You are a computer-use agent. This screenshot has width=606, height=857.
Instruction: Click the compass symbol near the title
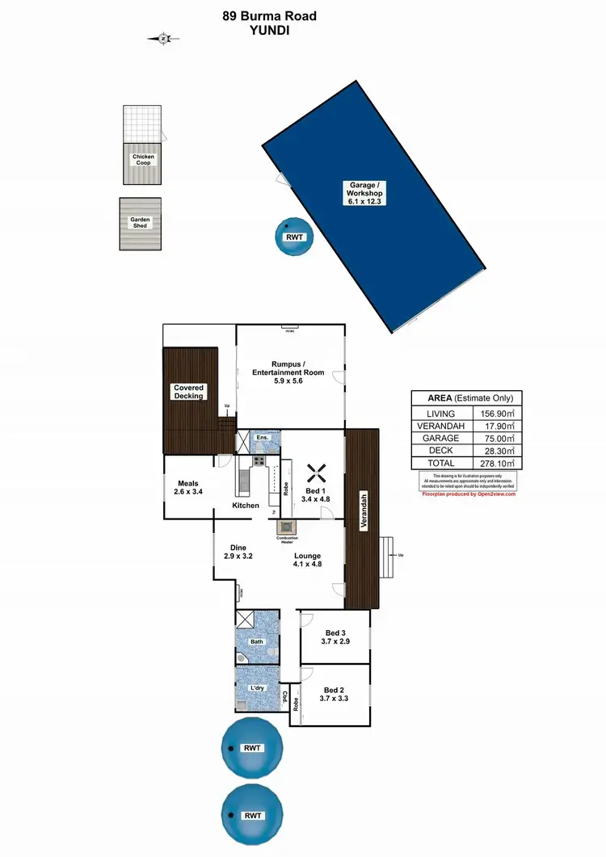pyautogui.click(x=163, y=38)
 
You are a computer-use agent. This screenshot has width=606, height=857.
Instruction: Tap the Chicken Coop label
pyautogui.click(x=142, y=160)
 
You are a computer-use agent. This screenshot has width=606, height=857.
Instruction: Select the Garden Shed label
pyautogui.click(x=141, y=222)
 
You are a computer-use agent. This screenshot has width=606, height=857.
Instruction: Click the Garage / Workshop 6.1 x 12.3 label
pyautogui.click(x=364, y=192)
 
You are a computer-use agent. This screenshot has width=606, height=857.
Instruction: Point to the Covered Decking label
pyautogui.click(x=189, y=392)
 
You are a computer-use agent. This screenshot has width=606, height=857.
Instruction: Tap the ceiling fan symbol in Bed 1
pyautogui.click(x=316, y=471)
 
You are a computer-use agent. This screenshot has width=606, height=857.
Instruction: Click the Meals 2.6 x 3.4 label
pyautogui.click(x=187, y=487)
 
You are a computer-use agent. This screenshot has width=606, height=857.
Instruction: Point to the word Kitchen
pyautogui.click(x=246, y=506)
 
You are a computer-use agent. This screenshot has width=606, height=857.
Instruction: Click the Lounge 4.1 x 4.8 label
pyautogui.click(x=308, y=560)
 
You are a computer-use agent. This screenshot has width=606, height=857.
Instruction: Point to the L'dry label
pyautogui.click(x=258, y=687)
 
